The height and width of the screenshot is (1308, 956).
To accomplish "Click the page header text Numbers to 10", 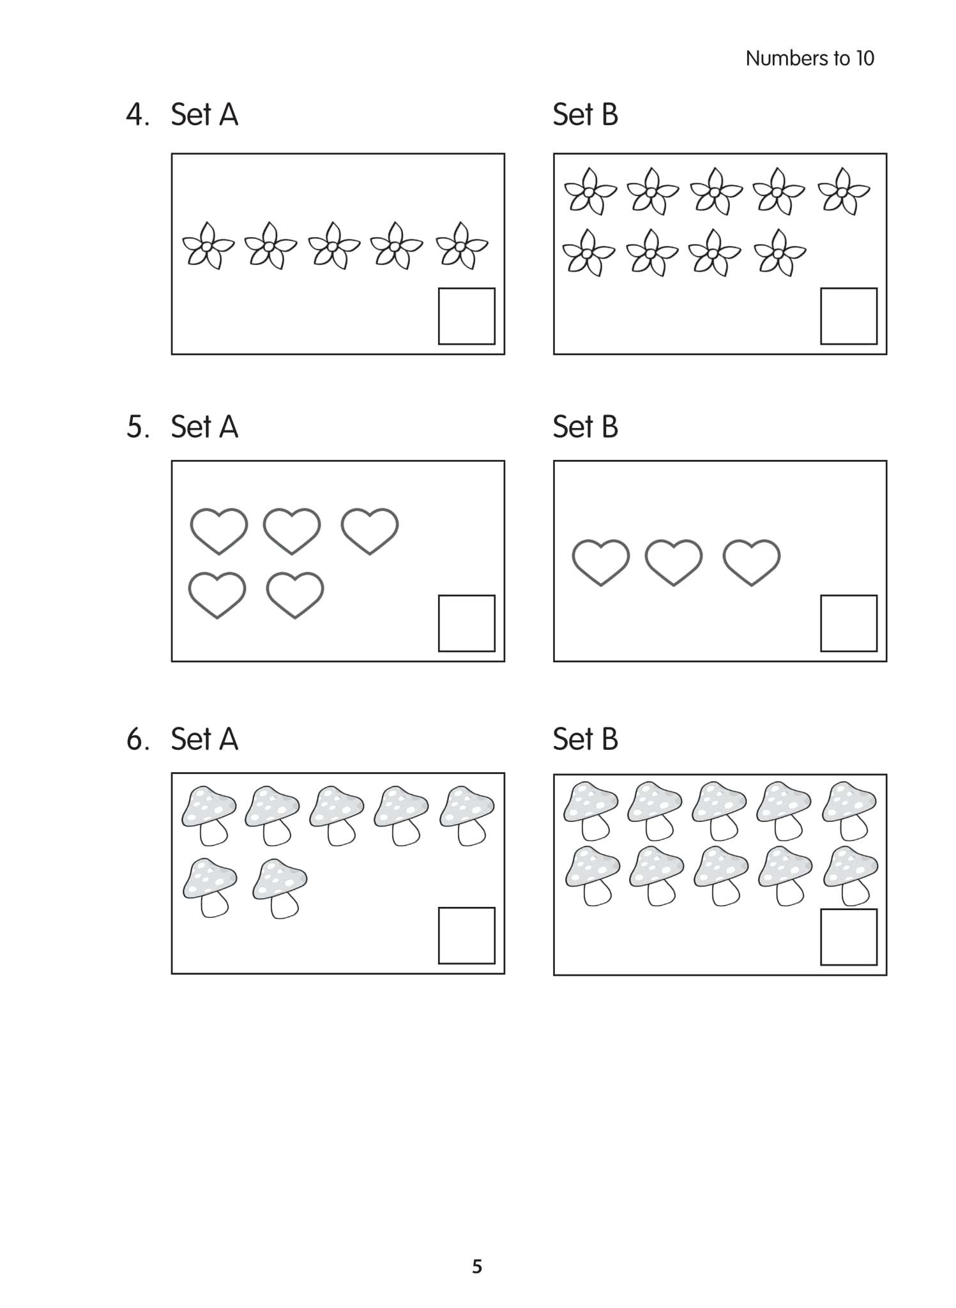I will (x=809, y=59).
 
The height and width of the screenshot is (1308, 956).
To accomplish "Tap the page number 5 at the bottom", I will (x=477, y=1266).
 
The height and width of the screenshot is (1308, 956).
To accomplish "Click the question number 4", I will (x=137, y=115).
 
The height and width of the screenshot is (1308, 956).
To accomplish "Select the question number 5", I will (x=137, y=427).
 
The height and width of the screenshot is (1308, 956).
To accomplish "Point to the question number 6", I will (x=137, y=740).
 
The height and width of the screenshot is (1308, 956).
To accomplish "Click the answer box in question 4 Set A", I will (x=466, y=316).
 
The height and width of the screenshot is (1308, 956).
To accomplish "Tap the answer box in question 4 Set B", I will (x=848, y=316).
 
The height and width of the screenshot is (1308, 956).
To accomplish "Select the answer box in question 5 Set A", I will (x=466, y=623).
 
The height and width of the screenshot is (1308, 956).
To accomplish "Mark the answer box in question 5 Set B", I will (x=848, y=623).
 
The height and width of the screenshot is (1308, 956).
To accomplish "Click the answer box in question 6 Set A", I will (x=466, y=936).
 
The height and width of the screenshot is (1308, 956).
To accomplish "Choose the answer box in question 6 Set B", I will (x=848, y=937).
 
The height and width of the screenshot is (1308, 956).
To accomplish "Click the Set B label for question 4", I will (x=585, y=115).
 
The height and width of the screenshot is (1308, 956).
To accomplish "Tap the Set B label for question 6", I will (x=585, y=740).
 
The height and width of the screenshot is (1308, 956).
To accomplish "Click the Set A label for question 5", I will (x=204, y=427).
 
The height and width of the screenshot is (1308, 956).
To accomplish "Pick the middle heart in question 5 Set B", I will (x=673, y=562).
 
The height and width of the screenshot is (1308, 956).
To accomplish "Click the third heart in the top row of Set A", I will (x=369, y=531).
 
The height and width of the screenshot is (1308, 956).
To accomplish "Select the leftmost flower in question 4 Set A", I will (x=208, y=246).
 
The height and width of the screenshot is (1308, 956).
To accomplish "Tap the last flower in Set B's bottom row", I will (x=779, y=253).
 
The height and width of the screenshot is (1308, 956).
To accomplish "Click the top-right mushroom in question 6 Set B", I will (x=849, y=809).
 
